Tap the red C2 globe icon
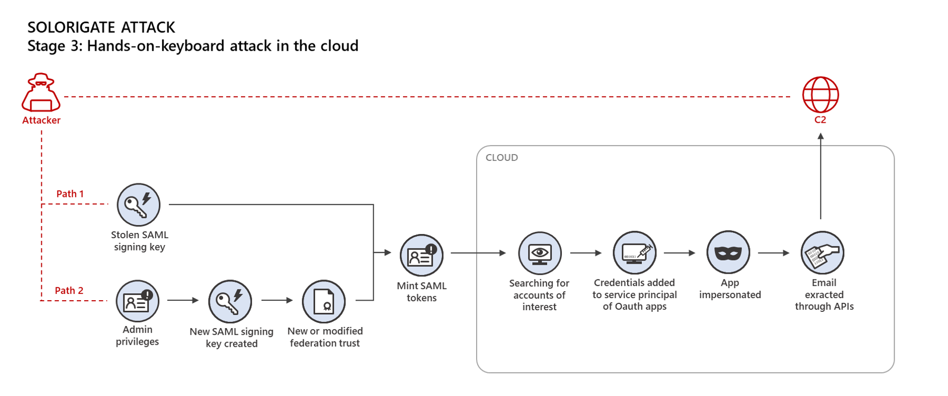tap(820, 95)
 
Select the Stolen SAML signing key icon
tap(138, 205)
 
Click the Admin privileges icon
tap(138, 301)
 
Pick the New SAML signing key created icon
tap(230, 301)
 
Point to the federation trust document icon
tap(324, 301)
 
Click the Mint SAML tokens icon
tap(421, 256)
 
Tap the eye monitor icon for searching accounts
tap(540, 253)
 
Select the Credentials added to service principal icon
tap(634, 253)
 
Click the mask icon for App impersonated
tap(728, 253)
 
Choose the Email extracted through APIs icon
tap(822, 253)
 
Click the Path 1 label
tap(70, 194)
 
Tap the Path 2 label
tap(69, 291)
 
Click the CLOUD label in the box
tap(502, 158)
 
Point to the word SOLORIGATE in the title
tap(71, 28)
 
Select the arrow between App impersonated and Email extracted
tap(773, 253)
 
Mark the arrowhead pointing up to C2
tap(820, 137)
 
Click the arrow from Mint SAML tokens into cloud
tap(478, 253)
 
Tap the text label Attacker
tap(41, 120)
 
